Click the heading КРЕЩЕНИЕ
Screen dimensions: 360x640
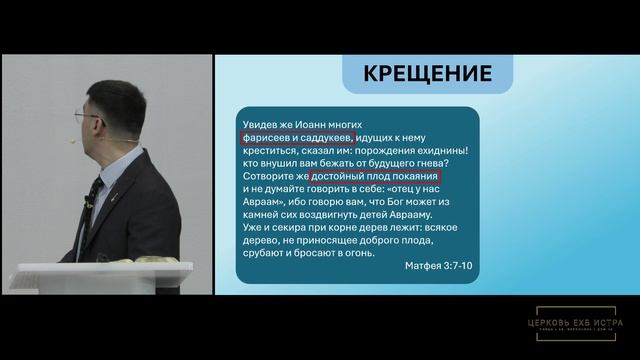point(427,73)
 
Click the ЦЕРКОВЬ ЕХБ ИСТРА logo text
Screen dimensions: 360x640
point(580,322)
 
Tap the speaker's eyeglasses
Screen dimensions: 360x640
point(89,118)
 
